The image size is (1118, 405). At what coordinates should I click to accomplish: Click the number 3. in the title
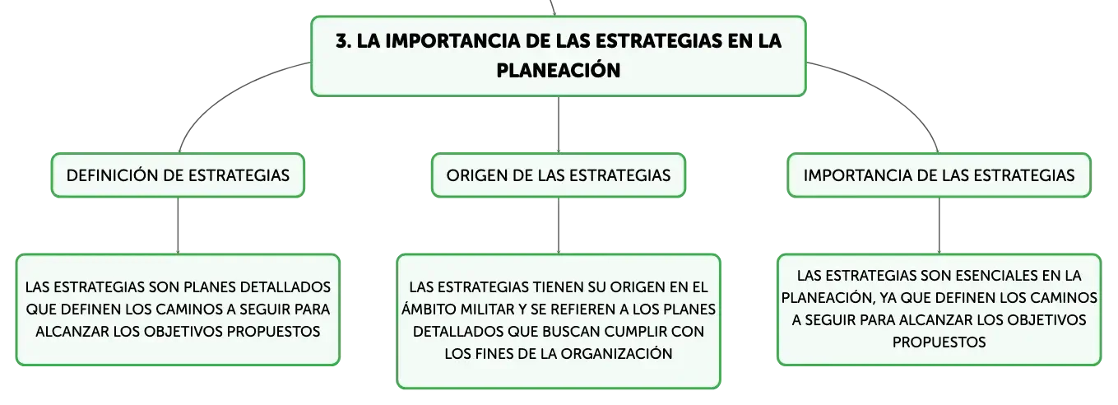(343, 41)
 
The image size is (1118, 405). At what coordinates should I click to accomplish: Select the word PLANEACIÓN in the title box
(558, 70)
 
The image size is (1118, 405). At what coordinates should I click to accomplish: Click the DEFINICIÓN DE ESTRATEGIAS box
(178, 175)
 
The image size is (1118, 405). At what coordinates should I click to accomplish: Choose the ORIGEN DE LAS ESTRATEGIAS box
(559, 175)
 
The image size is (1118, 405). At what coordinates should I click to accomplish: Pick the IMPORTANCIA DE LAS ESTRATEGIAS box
(939, 175)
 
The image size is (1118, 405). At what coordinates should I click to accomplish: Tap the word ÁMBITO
(429, 310)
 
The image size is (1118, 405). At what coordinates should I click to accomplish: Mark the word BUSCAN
(571, 332)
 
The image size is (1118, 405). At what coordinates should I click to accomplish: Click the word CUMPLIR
(635, 332)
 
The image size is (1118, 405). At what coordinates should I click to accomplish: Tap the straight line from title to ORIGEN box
(559, 125)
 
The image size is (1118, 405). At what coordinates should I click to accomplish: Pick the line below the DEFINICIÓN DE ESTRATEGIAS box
(178, 226)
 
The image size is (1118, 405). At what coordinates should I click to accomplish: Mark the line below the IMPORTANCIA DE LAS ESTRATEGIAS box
(939, 226)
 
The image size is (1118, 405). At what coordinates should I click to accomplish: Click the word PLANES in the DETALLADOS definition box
(210, 287)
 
